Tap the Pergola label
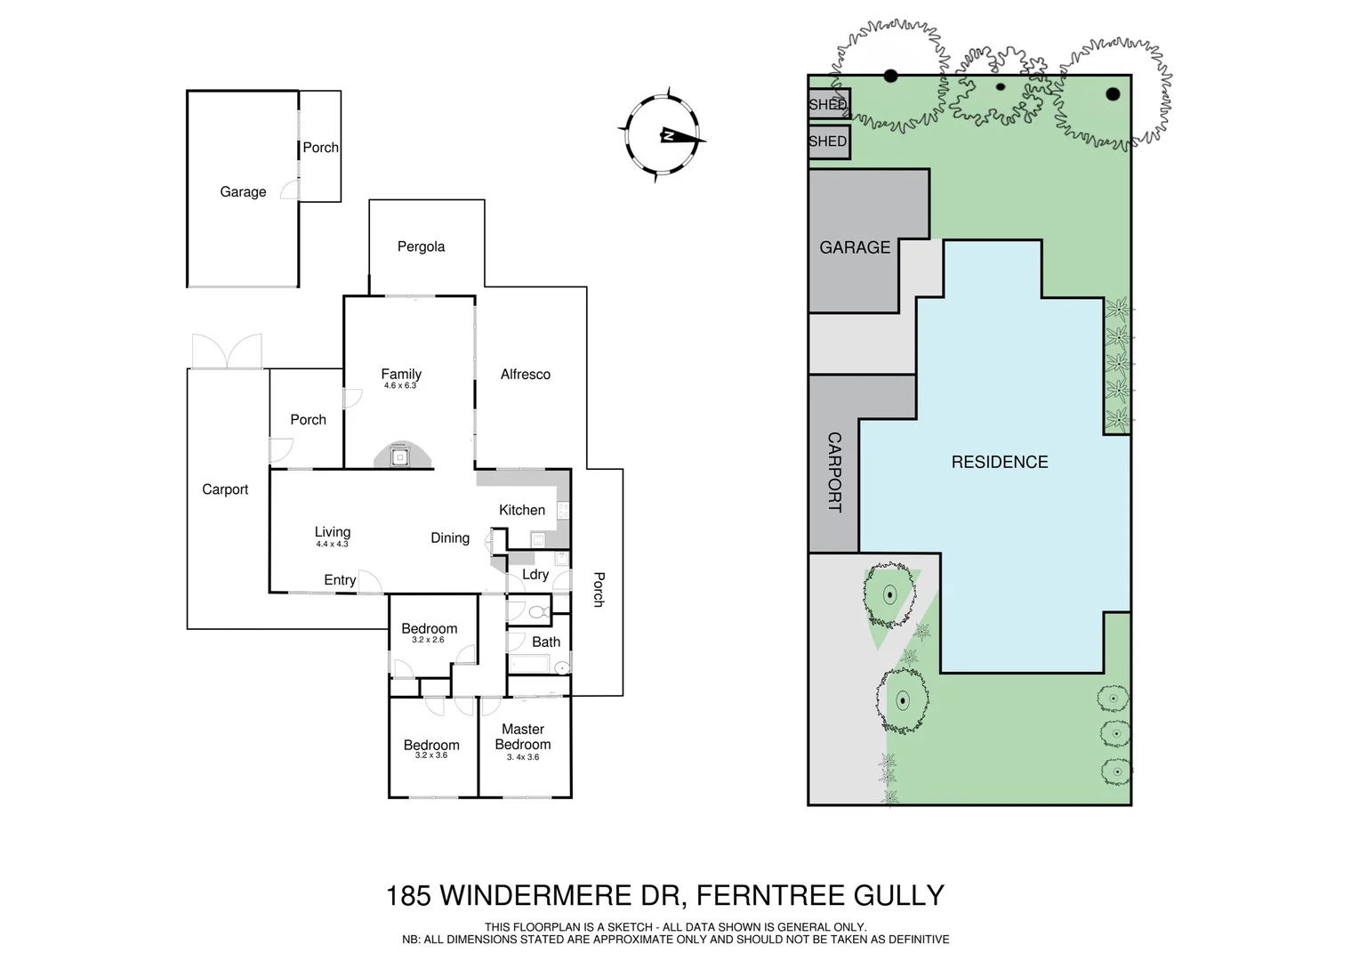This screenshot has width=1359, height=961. pyautogui.click(x=421, y=246)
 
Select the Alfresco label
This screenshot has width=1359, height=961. pyautogui.click(x=525, y=375)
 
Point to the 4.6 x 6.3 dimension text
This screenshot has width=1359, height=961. pyautogui.click(x=400, y=386)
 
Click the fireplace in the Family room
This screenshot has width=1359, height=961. pyautogui.click(x=402, y=456)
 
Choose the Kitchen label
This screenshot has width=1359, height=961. pyautogui.click(x=522, y=510)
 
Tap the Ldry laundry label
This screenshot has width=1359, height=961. pyautogui.click(x=535, y=574)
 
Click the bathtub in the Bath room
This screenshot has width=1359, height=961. pyautogui.click(x=532, y=665)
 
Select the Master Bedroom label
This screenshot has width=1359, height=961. pyautogui.click(x=523, y=737)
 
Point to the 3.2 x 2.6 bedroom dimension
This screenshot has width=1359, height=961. pyautogui.click(x=429, y=640)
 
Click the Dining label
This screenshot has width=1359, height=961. pyautogui.click(x=450, y=537)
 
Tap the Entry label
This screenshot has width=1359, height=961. pyautogui.click(x=340, y=580)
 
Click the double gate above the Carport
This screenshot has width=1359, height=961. pyautogui.click(x=227, y=351)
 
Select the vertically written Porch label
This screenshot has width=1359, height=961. pyautogui.click(x=599, y=589)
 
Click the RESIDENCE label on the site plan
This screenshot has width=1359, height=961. pyautogui.click(x=1000, y=462)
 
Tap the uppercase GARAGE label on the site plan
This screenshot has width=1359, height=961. pyautogui.click(x=855, y=247)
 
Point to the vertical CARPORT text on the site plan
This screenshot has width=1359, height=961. pyautogui.click(x=834, y=472)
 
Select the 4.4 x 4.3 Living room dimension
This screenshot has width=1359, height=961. pyautogui.click(x=332, y=544)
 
